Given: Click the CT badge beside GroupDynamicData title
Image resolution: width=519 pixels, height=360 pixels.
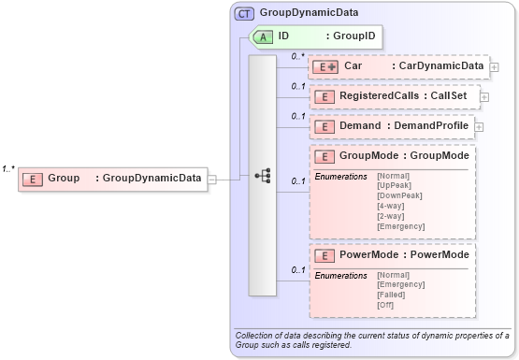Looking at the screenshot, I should coord(245,14).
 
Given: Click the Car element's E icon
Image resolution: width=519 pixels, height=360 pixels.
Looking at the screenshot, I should coord(326,66).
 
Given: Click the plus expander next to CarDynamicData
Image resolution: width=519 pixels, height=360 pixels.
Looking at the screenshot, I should coord(494,67).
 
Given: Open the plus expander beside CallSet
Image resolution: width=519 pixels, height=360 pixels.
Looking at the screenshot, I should coord(484,96).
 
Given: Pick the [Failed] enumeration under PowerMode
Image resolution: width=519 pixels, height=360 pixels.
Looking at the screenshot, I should coord(392,295).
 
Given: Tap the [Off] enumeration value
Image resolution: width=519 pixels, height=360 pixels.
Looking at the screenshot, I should coord(385,305).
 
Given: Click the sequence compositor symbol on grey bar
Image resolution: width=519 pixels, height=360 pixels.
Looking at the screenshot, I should coord(263,175).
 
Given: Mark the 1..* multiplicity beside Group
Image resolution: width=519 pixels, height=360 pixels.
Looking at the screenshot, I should coord(8,169).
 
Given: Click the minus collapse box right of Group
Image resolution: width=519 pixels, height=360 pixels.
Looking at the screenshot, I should coord(212,179).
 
